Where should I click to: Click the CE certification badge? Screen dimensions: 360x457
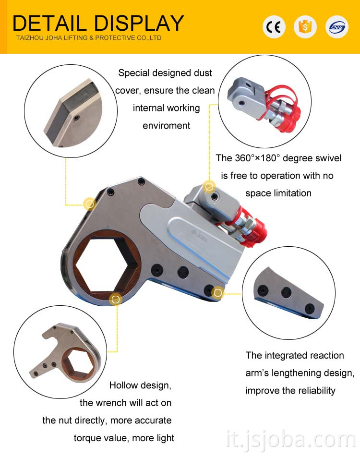(274, 27)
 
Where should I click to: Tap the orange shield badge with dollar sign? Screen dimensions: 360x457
(305, 27)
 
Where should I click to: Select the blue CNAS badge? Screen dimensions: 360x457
(336, 27)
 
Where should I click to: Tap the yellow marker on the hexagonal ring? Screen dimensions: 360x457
(116, 299)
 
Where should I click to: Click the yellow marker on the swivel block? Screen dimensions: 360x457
(209, 187)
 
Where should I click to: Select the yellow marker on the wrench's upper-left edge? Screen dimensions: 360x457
(90, 204)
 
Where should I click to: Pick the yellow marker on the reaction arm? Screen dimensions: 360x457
(218, 292)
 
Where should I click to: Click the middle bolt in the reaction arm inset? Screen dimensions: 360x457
(286, 292)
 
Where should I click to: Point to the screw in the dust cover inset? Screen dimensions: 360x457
(76, 118)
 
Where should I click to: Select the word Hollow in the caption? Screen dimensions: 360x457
(123, 385)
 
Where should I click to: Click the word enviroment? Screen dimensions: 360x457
(167, 126)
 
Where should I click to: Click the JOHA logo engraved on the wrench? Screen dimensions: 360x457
(199, 236)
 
